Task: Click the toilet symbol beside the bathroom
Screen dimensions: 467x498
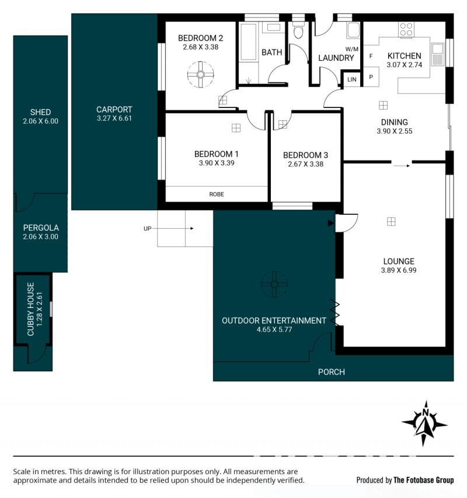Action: (x=298, y=30)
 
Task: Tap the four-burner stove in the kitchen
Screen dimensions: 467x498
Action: (x=406, y=29)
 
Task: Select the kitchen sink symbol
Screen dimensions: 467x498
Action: (x=437, y=54)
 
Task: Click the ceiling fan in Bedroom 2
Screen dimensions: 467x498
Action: (x=201, y=75)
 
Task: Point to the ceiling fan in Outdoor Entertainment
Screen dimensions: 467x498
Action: (x=274, y=284)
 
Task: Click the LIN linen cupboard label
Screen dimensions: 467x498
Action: (x=352, y=79)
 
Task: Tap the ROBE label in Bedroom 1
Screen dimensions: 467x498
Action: (x=217, y=194)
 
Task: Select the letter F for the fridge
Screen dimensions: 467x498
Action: (x=371, y=56)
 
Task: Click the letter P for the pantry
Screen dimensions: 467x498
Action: (x=371, y=77)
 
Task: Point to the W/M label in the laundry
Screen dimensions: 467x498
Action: (x=352, y=49)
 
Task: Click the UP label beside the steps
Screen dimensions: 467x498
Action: (x=147, y=228)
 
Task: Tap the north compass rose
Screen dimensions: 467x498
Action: (x=425, y=423)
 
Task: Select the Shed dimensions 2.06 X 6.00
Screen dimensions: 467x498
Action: (x=41, y=121)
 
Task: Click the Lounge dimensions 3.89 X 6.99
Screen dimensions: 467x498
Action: (x=399, y=270)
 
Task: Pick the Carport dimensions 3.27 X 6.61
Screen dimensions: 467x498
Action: (x=114, y=118)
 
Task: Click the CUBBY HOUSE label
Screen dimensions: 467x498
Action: (x=30, y=309)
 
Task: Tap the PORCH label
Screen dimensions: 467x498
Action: (x=332, y=372)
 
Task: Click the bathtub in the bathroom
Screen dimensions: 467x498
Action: (x=248, y=41)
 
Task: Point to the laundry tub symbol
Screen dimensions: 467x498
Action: (x=353, y=30)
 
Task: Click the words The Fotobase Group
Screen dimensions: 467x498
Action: (x=423, y=480)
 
